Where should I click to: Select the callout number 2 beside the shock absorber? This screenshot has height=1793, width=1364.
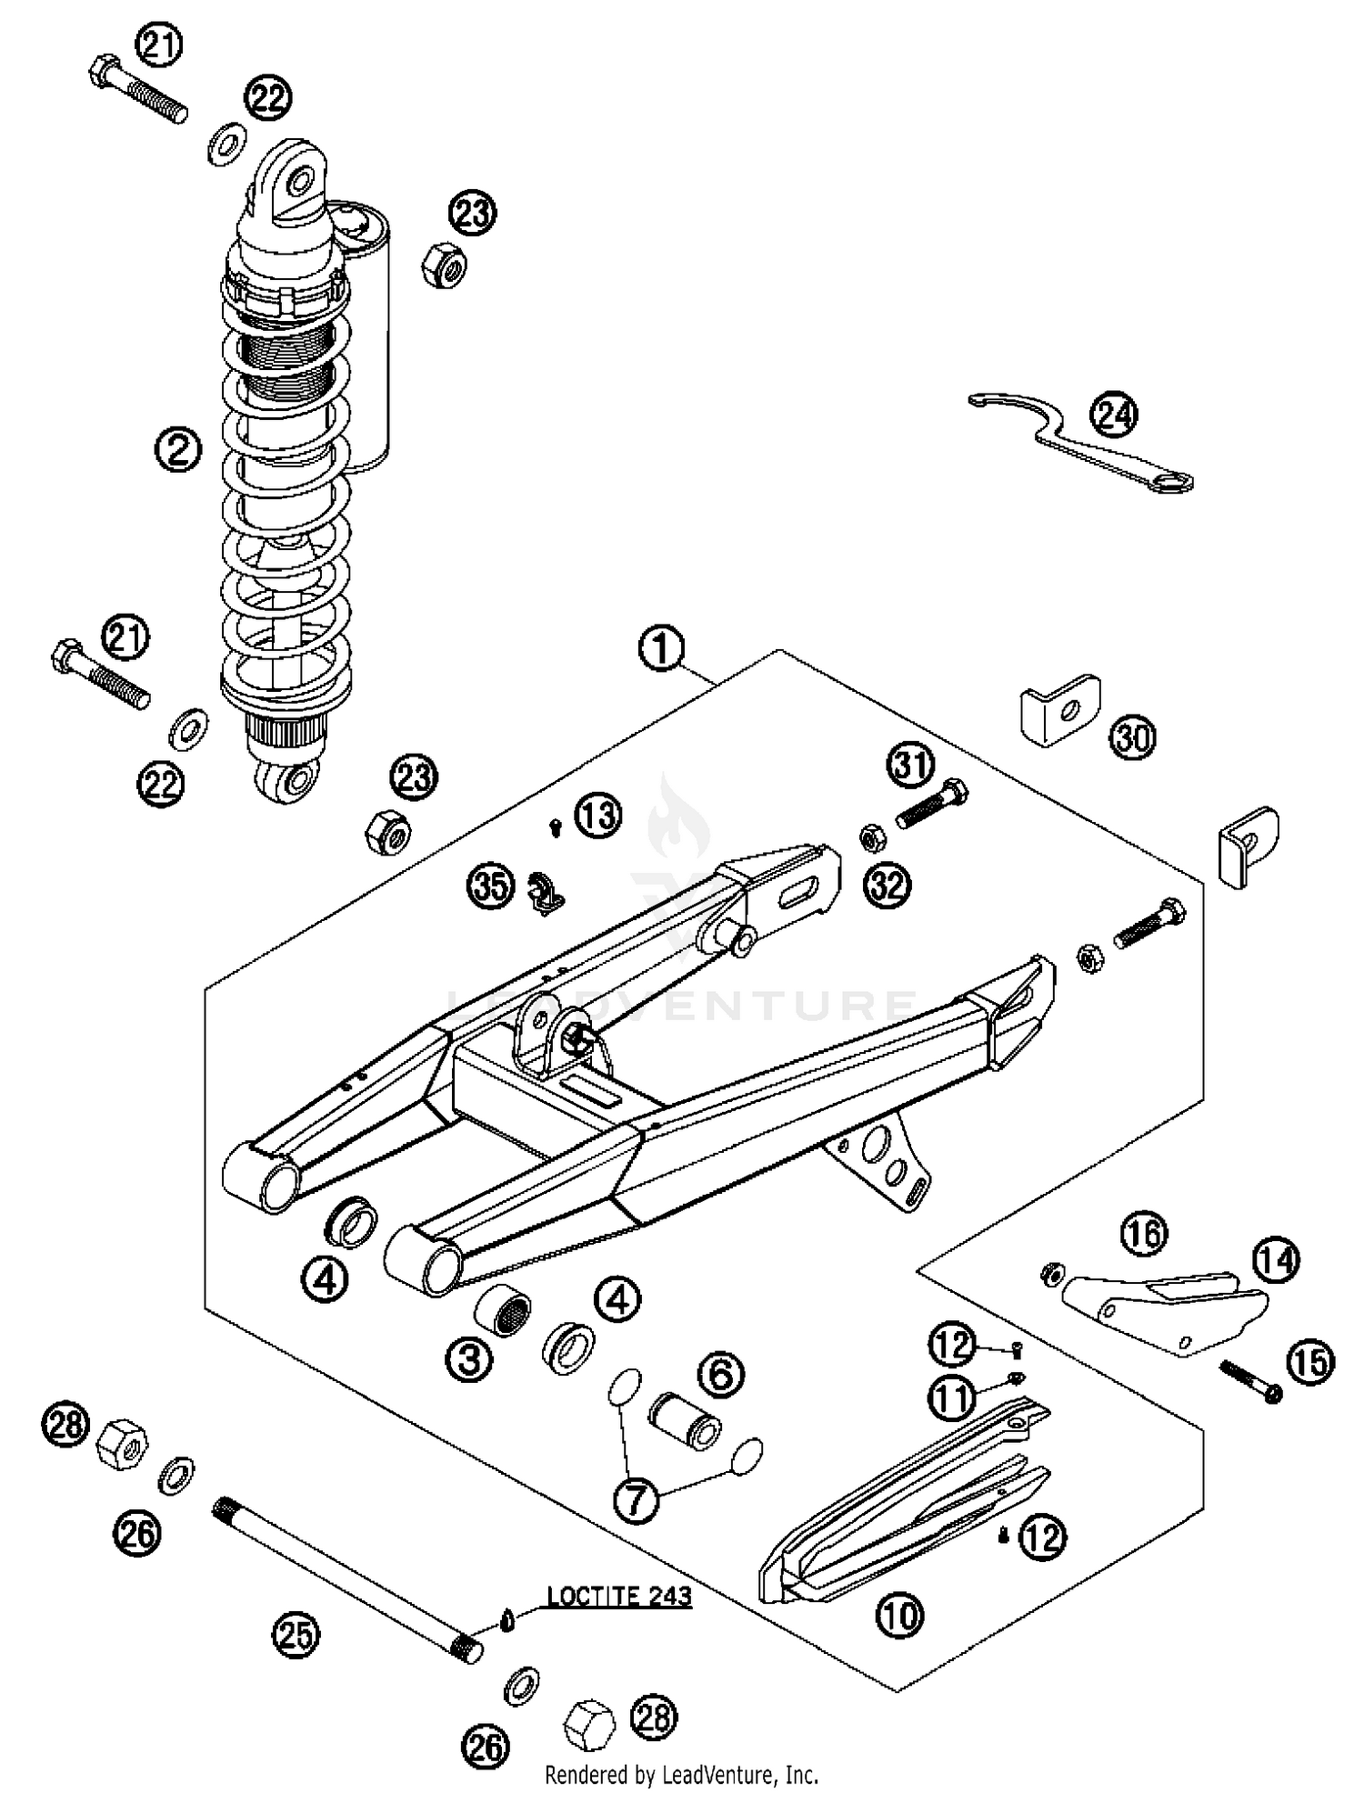click(178, 448)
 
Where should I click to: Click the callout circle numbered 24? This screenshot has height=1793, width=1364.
click(1115, 415)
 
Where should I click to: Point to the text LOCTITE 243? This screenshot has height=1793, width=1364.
click(618, 1596)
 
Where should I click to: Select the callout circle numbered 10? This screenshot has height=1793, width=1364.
click(899, 1615)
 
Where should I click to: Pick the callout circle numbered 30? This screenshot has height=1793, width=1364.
click(1132, 737)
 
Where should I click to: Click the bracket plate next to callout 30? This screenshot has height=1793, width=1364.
click(1058, 710)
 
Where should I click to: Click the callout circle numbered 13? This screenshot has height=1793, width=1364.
click(598, 815)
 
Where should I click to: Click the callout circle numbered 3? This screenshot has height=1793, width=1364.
click(469, 1359)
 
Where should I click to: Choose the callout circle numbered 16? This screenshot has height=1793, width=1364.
click(1144, 1234)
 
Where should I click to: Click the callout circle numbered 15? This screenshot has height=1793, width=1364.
click(1310, 1361)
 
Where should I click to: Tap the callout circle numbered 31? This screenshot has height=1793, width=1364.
click(912, 766)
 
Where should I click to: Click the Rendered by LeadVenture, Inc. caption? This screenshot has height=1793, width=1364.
click(681, 1774)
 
